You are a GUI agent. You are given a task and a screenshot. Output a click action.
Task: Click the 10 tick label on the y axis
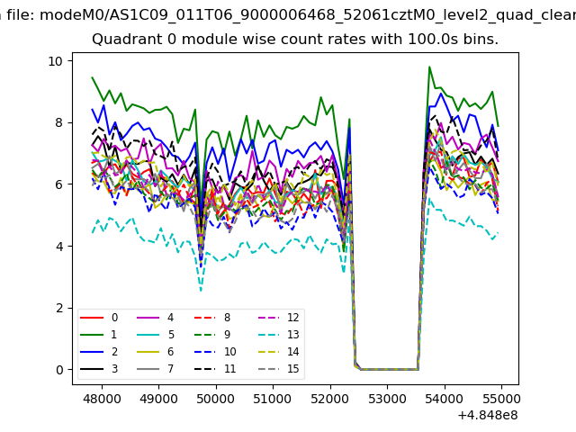(54, 61)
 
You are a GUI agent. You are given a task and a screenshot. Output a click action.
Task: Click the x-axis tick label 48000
(101, 397)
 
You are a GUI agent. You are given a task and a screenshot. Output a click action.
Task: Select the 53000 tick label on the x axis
(387, 397)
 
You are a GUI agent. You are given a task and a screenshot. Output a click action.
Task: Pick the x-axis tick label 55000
(501, 397)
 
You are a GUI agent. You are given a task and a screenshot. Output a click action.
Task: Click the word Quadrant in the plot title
(121, 40)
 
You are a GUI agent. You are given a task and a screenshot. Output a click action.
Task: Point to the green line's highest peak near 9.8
(429, 67)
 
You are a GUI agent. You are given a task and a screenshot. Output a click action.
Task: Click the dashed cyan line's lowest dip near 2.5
(201, 291)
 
